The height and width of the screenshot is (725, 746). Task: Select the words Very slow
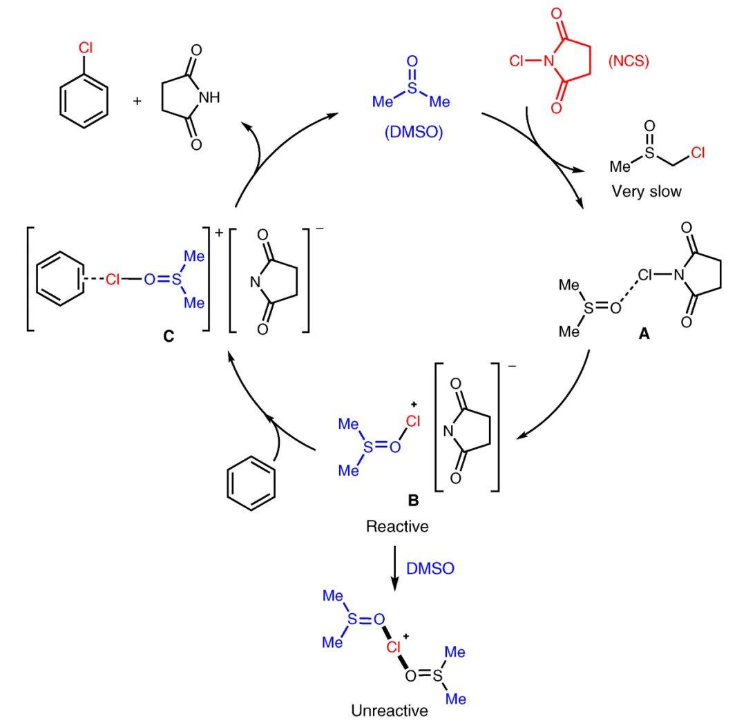pyautogui.click(x=646, y=191)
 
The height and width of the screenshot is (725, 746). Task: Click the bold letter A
pyautogui.click(x=644, y=333)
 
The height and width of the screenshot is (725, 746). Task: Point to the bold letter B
pyautogui.click(x=394, y=502)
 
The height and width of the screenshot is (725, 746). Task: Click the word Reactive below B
pyautogui.click(x=397, y=527)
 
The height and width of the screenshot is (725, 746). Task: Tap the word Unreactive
pyautogui.click(x=390, y=710)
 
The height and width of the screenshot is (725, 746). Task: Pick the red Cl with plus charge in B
pyautogui.click(x=410, y=417)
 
